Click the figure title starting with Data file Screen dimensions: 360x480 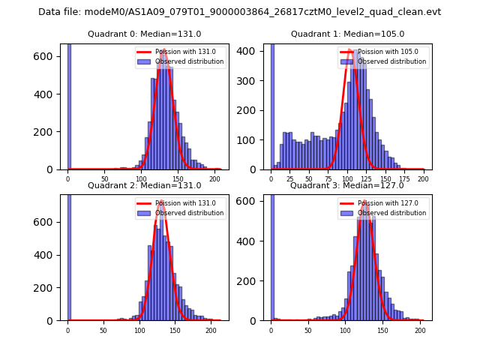[239, 12]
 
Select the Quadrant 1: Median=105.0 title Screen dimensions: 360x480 [347, 34]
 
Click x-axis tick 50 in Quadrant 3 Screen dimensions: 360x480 [308, 330]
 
